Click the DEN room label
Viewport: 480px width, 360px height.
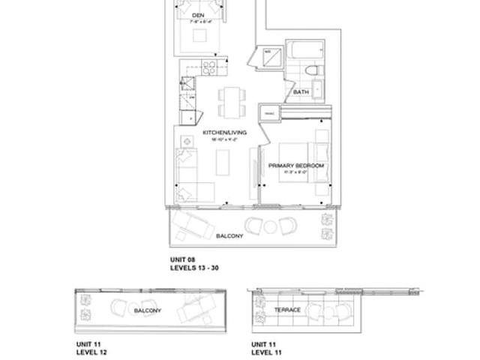pos(198,15)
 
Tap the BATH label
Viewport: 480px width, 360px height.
pos(301,92)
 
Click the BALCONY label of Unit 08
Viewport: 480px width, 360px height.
pos(229,236)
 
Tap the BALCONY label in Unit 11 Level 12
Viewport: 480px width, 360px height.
pos(148,310)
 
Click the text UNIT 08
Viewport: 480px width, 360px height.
pos(182,259)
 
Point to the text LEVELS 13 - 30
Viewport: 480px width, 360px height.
pos(194,268)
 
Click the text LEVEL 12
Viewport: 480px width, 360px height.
pos(90,351)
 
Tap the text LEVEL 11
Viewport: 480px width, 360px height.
pos(266,351)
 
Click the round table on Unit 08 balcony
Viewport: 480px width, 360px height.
pos(271,225)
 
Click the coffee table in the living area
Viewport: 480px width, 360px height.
pos(222,162)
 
